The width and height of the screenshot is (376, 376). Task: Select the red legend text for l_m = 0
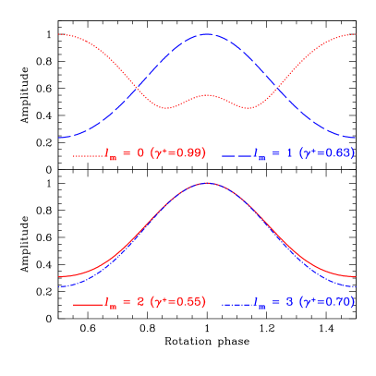click(x=124, y=153)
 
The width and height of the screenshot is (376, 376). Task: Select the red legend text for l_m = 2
click(x=124, y=302)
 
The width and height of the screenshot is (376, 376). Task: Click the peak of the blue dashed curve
click(x=207, y=33)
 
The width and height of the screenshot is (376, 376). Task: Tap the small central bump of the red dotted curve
click(x=208, y=95)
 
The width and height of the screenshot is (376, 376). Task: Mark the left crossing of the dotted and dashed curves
click(x=138, y=89)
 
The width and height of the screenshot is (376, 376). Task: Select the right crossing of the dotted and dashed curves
click(x=277, y=89)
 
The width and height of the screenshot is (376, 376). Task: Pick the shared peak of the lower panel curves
click(x=207, y=183)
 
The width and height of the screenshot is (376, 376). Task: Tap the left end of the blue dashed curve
click(x=60, y=138)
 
